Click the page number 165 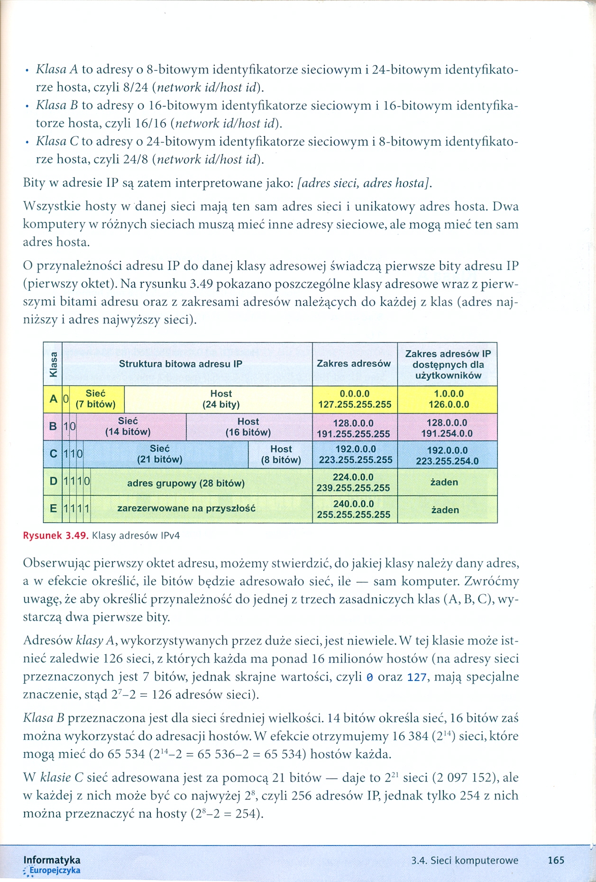pyautogui.click(x=556, y=860)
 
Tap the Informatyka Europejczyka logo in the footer pyautogui.click(x=52, y=864)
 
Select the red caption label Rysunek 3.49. pyautogui.click(x=55, y=536)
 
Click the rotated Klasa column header pyautogui.click(x=53, y=364)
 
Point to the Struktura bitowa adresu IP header pyautogui.click(x=180, y=364)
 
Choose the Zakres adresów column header pyautogui.click(x=354, y=364)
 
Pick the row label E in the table pyautogui.click(x=53, y=509)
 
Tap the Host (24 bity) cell pyautogui.click(x=221, y=399)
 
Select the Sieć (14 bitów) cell pyautogui.click(x=128, y=427)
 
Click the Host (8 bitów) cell pyautogui.click(x=281, y=454)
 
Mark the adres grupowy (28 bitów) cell pyautogui.click(x=186, y=483)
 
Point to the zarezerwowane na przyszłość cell pyautogui.click(x=186, y=508)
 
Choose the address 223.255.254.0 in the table pyautogui.click(x=447, y=461)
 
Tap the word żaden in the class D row pyautogui.click(x=444, y=482)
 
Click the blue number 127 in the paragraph pyautogui.click(x=417, y=677)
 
